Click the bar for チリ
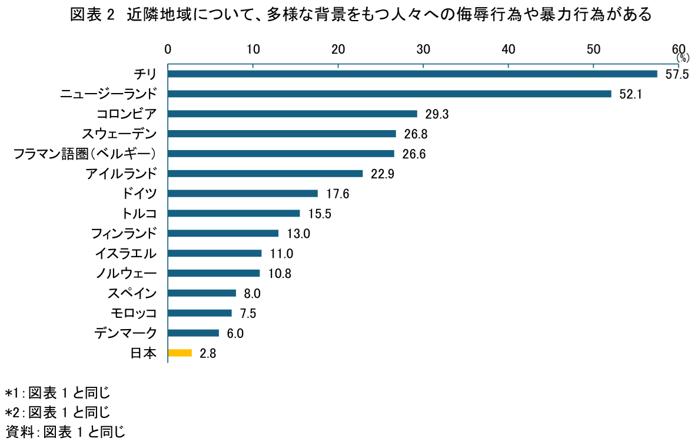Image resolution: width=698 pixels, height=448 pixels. tap(412, 74)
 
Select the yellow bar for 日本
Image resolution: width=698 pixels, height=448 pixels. tap(180, 353)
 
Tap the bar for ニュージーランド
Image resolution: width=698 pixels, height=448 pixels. tap(389, 94)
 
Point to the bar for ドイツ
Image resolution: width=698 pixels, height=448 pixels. tap(242, 193)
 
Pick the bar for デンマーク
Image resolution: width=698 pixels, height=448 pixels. tap(193, 333)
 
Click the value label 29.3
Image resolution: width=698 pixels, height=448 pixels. tap(437, 114)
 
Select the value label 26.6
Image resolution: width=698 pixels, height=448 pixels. tap(414, 154)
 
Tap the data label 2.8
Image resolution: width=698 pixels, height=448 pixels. tap(208, 354)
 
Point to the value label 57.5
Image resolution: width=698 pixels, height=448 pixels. tap(677, 75)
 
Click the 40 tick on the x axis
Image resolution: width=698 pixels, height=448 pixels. tap(508, 49)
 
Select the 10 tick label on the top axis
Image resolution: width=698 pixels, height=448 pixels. tap(253, 49)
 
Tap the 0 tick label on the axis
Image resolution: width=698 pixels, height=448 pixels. tap(168, 49)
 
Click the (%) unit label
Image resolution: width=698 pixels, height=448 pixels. tap(682, 58)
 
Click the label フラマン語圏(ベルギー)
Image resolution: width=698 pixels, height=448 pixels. tap(85, 154)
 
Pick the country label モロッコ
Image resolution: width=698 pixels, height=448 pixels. tap(134, 313)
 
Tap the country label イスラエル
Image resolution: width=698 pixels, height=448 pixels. tap(126, 253)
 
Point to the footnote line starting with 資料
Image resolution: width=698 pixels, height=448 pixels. tap(65, 432)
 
